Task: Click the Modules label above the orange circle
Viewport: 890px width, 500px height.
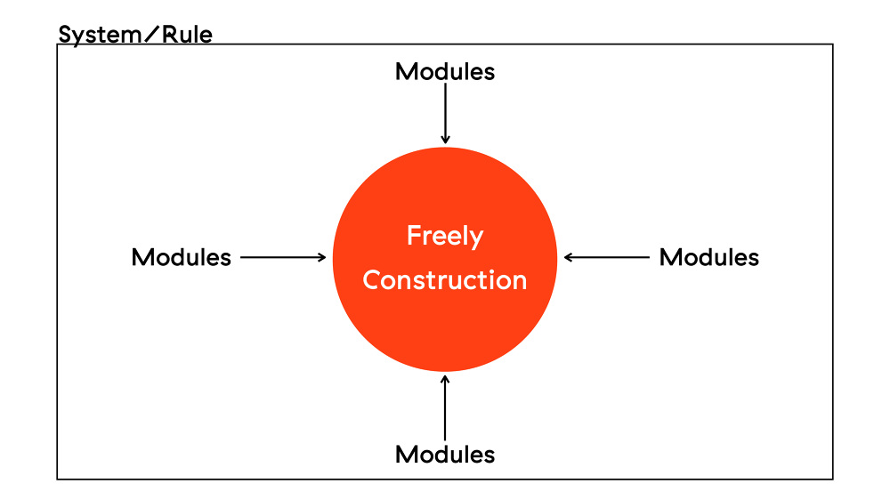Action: [445, 71]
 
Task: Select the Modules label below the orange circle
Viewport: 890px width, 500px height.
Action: [445, 454]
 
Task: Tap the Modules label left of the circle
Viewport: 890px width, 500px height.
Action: [182, 257]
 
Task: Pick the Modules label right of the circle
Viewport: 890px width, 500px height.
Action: [709, 257]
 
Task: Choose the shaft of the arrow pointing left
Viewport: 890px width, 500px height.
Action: [610, 257]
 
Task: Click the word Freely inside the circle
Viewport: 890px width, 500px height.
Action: [445, 237]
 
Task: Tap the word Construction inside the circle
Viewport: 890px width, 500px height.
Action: [445, 280]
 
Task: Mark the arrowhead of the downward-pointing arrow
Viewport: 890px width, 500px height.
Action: [445, 139]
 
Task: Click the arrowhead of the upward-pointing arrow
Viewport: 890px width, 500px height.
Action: [445, 378]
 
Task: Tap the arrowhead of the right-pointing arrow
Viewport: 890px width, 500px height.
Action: [323, 257]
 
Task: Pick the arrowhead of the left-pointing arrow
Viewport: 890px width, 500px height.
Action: [568, 257]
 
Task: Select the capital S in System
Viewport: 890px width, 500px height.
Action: [65, 36]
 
